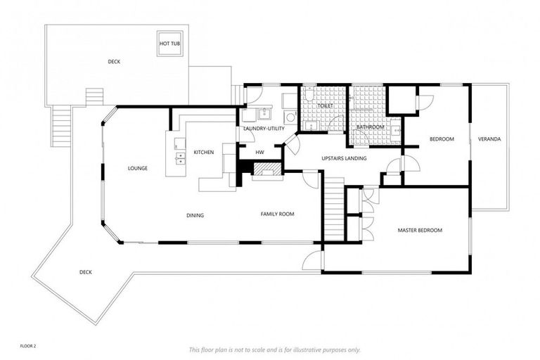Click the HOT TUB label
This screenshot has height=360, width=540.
click(169, 44)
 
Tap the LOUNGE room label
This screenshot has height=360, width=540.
click(137, 168)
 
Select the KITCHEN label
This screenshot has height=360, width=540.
click(203, 152)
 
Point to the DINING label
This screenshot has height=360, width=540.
click(195, 215)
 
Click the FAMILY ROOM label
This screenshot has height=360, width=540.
click(277, 214)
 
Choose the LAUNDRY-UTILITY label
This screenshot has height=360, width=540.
click(263, 129)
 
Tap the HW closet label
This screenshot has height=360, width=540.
click(259, 152)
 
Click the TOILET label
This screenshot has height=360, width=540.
click(325, 106)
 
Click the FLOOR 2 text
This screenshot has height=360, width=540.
click(27, 347)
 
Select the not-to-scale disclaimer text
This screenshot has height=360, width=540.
click(274, 349)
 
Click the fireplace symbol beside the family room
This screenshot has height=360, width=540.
click(266, 169)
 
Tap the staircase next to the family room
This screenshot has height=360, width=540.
click(333, 208)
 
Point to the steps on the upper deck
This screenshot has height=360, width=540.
click(94, 96)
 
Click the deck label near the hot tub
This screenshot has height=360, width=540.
click(113, 62)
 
